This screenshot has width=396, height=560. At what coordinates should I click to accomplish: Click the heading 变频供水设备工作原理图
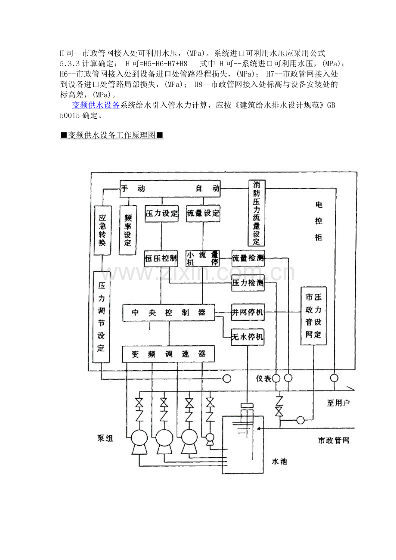112,135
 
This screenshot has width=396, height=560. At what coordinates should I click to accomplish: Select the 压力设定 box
161,213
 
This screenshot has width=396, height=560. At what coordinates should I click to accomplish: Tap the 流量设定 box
203,213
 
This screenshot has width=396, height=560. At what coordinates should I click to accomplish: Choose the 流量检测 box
248,258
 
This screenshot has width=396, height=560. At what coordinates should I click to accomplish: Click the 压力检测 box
248,283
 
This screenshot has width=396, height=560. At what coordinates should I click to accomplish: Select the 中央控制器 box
169,313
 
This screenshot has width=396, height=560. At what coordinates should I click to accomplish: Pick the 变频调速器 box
169,354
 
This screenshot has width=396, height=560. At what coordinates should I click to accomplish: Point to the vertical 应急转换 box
102,230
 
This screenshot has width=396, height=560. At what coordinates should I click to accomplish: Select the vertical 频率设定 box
128,230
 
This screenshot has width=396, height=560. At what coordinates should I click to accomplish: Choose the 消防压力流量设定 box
257,213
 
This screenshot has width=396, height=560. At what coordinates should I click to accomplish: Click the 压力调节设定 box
102,317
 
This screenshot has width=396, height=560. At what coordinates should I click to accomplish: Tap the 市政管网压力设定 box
313,316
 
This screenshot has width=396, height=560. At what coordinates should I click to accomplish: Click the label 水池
279,462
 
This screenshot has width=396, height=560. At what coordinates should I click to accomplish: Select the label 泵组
105,439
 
